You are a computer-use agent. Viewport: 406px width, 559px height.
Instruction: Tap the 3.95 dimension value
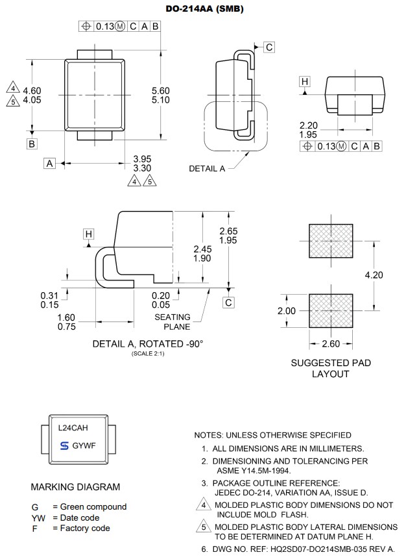142,158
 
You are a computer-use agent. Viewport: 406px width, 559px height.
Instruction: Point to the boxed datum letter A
50,164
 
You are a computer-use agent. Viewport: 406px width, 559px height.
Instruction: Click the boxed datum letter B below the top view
32,143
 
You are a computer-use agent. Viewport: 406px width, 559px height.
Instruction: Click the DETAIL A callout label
207,168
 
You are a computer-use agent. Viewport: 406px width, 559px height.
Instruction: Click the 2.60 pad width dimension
331,343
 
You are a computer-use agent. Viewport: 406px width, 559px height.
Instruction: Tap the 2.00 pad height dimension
286,310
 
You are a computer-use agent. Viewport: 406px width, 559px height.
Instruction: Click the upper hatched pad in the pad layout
331,242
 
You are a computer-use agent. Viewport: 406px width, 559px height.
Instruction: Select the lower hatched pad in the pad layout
331,310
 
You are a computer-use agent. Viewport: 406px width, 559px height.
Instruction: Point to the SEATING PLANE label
173,321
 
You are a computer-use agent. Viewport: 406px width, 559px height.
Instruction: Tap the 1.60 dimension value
66,317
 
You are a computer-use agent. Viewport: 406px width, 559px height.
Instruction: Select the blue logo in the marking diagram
64,446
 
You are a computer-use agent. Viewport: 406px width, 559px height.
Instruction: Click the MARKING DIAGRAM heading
75,486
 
